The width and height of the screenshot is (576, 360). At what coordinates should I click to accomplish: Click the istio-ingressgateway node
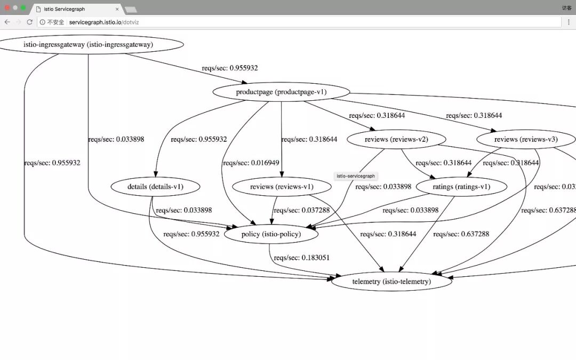click(88, 45)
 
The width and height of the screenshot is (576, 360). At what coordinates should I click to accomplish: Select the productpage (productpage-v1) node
click(281, 92)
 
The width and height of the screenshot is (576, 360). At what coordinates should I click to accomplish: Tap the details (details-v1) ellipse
click(156, 187)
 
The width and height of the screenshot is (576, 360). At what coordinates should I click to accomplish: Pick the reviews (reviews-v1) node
click(282, 187)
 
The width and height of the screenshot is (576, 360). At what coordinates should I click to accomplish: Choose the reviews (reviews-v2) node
click(396, 140)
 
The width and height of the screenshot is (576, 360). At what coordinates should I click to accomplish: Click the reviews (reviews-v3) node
click(525, 140)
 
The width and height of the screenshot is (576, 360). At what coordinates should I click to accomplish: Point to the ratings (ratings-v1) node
click(461, 187)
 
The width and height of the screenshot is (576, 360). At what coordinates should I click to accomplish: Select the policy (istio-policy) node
click(271, 234)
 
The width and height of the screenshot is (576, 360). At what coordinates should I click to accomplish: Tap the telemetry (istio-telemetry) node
click(391, 281)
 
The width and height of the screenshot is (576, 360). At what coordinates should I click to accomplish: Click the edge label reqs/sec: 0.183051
click(301, 258)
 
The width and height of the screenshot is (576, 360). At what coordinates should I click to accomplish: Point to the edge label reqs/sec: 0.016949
click(251, 163)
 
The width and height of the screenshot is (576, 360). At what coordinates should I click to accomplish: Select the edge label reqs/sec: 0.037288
click(301, 210)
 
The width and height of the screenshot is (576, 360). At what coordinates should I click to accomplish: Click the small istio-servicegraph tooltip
click(356, 175)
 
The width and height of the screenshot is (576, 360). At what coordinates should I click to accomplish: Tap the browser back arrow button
click(7, 22)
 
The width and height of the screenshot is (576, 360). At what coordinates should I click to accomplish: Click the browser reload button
click(29, 22)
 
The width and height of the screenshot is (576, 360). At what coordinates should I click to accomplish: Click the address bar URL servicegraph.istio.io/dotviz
click(104, 22)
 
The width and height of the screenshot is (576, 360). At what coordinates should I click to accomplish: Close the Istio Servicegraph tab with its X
click(117, 9)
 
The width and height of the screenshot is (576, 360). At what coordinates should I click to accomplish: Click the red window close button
click(7, 8)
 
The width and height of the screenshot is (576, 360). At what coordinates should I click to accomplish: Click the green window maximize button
click(23, 8)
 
